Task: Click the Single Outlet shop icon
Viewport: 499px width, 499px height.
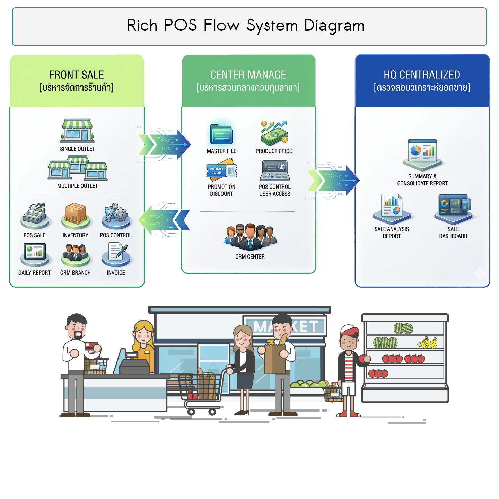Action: click(x=77, y=131)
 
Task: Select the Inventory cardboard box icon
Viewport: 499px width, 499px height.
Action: click(x=75, y=213)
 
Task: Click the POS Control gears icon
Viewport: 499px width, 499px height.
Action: click(x=116, y=213)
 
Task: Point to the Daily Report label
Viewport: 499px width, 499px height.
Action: click(x=34, y=273)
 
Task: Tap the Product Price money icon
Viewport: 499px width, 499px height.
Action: click(x=274, y=133)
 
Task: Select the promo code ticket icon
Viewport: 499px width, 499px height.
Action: click(x=221, y=170)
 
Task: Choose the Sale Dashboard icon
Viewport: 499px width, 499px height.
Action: click(x=454, y=207)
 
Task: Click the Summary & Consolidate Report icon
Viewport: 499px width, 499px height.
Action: click(x=422, y=152)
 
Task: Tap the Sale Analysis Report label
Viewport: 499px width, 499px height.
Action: click(x=392, y=233)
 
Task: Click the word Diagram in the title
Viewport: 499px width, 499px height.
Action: click(x=334, y=26)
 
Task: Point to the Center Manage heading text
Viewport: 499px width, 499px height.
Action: click(x=248, y=75)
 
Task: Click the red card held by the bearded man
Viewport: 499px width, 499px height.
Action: click(x=91, y=346)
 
